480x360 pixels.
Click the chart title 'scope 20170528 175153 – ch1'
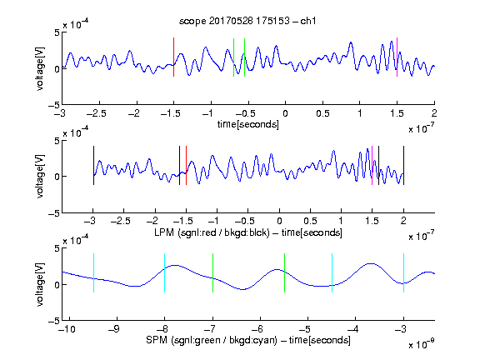tap(247, 21)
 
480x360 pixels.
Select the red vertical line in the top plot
tap(173, 57)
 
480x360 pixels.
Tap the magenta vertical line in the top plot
tap(397, 57)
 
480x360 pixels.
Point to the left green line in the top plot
tap(233, 57)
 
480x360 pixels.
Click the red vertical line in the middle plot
tap(186, 166)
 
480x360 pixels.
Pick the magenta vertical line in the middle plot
tap(372, 166)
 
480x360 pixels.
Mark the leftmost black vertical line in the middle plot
tap(93, 166)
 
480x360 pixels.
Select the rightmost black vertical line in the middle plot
tap(403, 166)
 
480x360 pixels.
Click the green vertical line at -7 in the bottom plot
tap(212, 273)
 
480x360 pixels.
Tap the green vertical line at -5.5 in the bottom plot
tap(284, 273)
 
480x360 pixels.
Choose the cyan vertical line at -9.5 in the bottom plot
tap(93, 273)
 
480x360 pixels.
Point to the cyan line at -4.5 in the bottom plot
tap(332, 273)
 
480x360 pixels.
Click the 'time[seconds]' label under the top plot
tap(248, 124)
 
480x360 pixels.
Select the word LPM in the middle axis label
tap(164, 232)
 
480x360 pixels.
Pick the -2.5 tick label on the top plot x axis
tap(96, 113)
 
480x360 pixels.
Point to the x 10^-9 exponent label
tap(422, 344)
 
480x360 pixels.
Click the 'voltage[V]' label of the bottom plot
tap(40, 284)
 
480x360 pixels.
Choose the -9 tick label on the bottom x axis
tap(114, 329)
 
